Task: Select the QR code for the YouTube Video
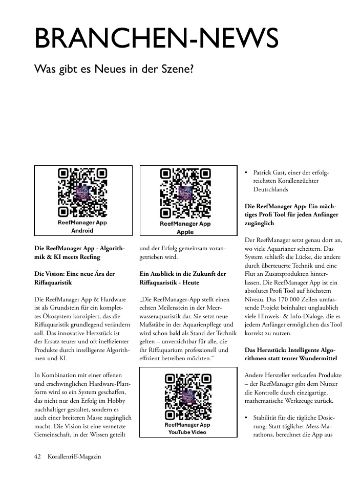pyautogui.click(x=187, y=397)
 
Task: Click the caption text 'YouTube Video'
pyautogui.click(x=187, y=432)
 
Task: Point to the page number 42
pyautogui.click(x=37, y=456)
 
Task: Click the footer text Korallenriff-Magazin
pyautogui.click(x=74, y=456)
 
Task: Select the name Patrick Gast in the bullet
pyautogui.click(x=271, y=173)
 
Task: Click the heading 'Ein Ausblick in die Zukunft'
pyautogui.click(x=182, y=274)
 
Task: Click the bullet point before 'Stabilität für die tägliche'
pyautogui.click(x=247, y=416)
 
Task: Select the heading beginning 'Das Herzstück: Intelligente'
pyautogui.click(x=289, y=350)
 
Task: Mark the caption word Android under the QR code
pyautogui.click(x=82, y=231)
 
